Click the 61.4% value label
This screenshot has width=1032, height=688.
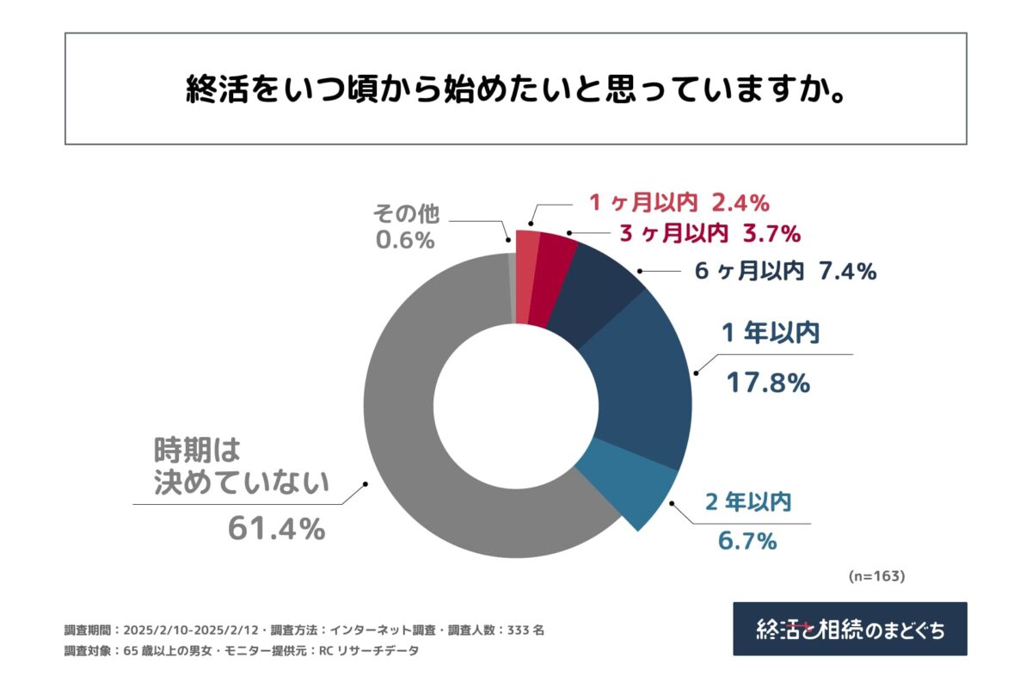coord(276,530)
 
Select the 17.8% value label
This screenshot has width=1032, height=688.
coord(768,383)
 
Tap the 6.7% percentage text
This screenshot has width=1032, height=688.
coord(747,541)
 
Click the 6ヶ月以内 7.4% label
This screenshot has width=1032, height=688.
coord(784,273)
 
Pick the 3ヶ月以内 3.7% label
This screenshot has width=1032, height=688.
coord(709,233)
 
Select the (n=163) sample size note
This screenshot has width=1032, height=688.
coord(876,575)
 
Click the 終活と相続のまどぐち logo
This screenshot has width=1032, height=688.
coord(850,629)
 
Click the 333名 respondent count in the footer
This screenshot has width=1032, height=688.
coord(526,630)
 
